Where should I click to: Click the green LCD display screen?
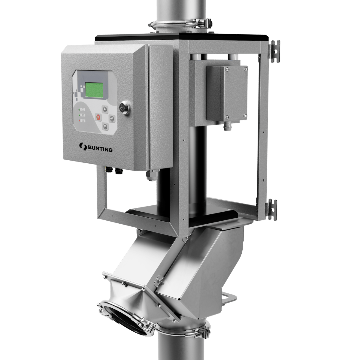pyautogui.click(x=94, y=89)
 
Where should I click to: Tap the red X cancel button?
pyautogui.click(x=98, y=117)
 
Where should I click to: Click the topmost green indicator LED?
pyautogui.click(x=79, y=110)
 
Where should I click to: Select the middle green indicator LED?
pyautogui.click(x=79, y=115)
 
